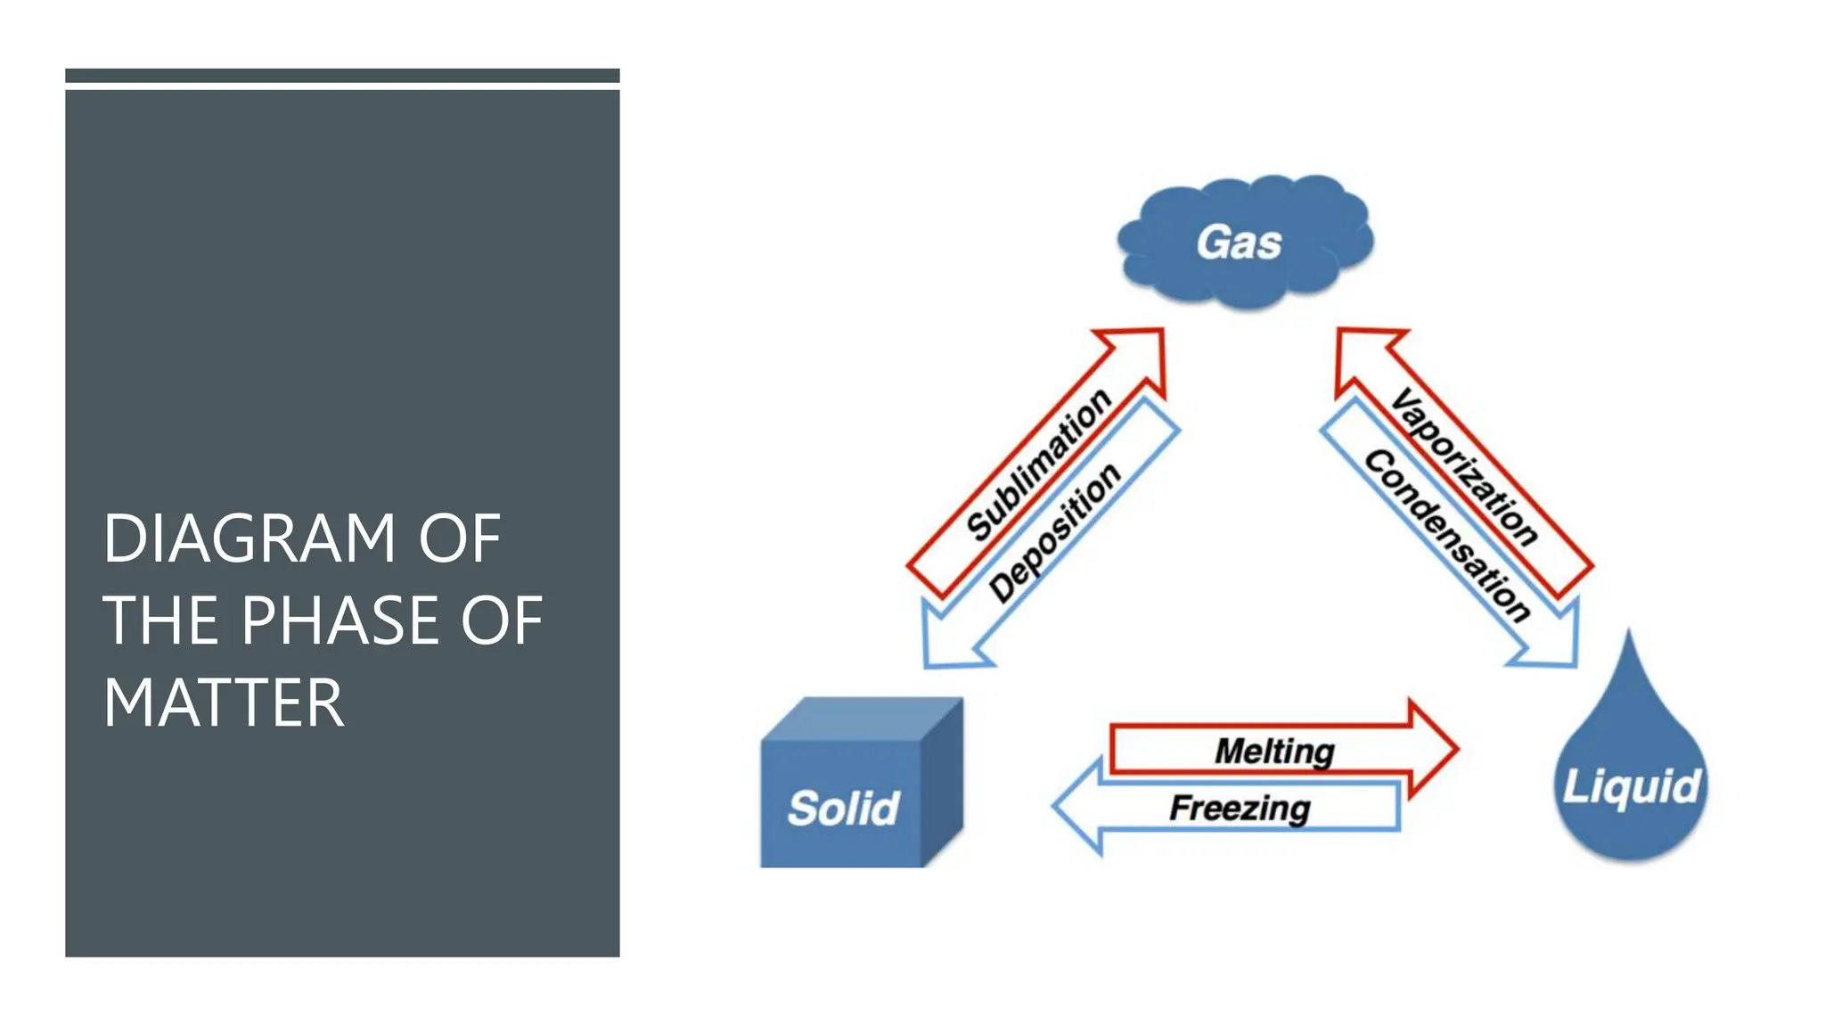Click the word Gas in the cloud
point(1239,242)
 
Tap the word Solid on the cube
point(843,808)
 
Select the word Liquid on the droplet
point(1632,786)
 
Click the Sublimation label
point(1039,465)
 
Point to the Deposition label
point(1055,532)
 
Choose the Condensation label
point(1447,535)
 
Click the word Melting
point(1274,751)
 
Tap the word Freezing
point(1240,808)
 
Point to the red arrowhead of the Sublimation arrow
point(1139,353)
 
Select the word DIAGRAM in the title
point(249,538)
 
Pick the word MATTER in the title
point(223,703)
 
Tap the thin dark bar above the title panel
point(342,76)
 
